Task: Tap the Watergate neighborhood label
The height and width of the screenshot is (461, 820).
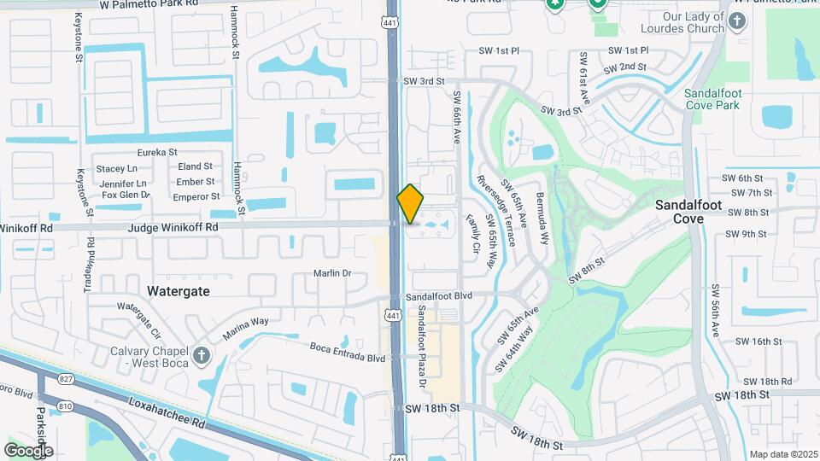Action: coord(178,291)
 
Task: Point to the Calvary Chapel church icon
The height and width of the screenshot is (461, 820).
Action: coord(201,355)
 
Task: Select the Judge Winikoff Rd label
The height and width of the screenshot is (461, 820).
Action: coord(173,228)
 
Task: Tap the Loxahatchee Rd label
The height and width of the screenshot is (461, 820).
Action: coord(167,410)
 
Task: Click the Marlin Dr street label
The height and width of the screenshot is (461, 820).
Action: coord(333,273)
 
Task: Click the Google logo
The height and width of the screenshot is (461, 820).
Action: coord(28,450)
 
